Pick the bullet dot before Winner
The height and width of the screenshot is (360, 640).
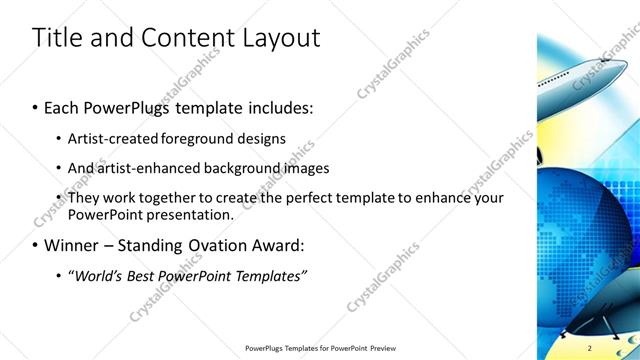point(36,245)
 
